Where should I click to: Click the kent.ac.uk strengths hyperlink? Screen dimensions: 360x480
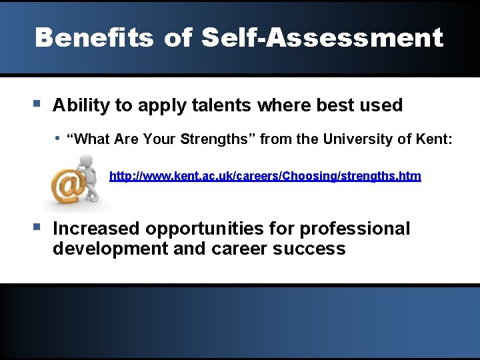[x=265, y=176]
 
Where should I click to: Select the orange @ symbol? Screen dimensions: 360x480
[x=67, y=187]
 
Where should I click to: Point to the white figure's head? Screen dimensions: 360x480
[x=85, y=161]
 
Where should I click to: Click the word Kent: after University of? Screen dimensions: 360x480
[x=434, y=139]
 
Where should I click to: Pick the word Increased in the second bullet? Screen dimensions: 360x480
[x=97, y=229]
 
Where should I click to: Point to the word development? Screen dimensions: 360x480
[x=110, y=249]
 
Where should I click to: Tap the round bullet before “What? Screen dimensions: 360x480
[x=58, y=138]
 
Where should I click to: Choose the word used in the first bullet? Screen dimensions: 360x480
[x=383, y=105]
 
